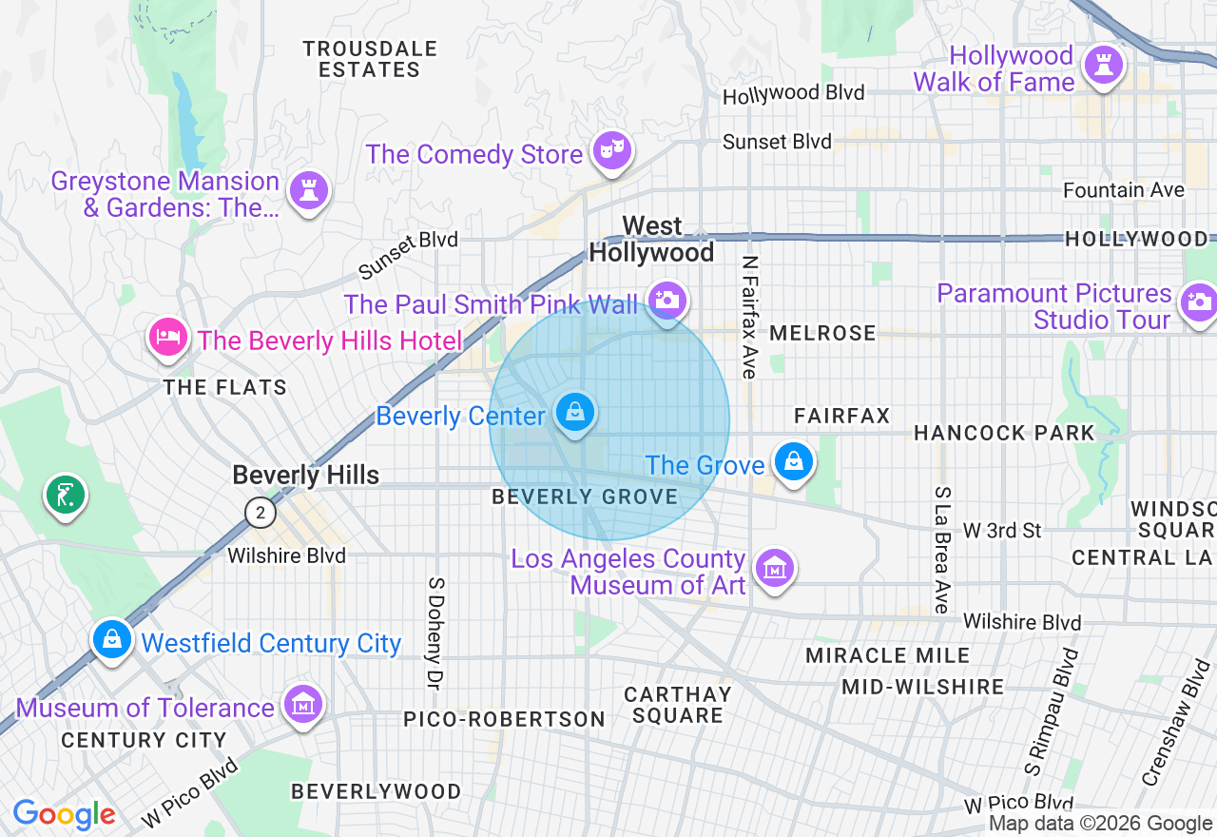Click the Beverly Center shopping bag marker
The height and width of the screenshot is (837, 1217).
pyautogui.click(x=575, y=413)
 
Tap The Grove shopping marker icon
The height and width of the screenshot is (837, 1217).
pyautogui.click(x=792, y=461)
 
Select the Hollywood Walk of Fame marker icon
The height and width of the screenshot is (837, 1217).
pyautogui.click(x=1104, y=65)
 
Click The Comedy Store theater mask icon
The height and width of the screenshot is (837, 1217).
pyautogui.click(x=611, y=149)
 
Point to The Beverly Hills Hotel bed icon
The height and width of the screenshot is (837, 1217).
pyautogui.click(x=168, y=337)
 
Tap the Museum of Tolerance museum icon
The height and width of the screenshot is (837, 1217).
pyautogui.click(x=303, y=705)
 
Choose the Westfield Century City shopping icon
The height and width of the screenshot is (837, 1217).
pyautogui.click(x=112, y=639)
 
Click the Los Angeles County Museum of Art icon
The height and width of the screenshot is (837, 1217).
pyautogui.click(x=775, y=569)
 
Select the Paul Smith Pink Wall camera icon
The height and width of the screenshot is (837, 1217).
pyautogui.click(x=666, y=300)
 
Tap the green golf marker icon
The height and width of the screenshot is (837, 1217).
pyautogui.click(x=65, y=495)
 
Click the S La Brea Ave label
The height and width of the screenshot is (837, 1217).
pyautogui.click(x=941, y=550)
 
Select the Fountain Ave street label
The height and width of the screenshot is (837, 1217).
pyautogui.click(x=1123, y=190)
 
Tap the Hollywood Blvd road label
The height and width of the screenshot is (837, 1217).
pyautogui.click(x=793, y=93)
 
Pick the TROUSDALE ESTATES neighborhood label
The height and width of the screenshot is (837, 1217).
pyautogui.click(x=370, y=59)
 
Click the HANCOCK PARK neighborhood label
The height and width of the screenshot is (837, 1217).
pyautogui.click(x=1004, y=434)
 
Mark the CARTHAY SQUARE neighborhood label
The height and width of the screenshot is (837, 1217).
pyautogui.click(x=677, y=705)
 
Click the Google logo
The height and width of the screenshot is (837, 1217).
pyautogui.click(x=64, y=815)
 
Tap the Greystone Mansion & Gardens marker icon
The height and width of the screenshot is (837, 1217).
pyautogui.click(x=308, y=189)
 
